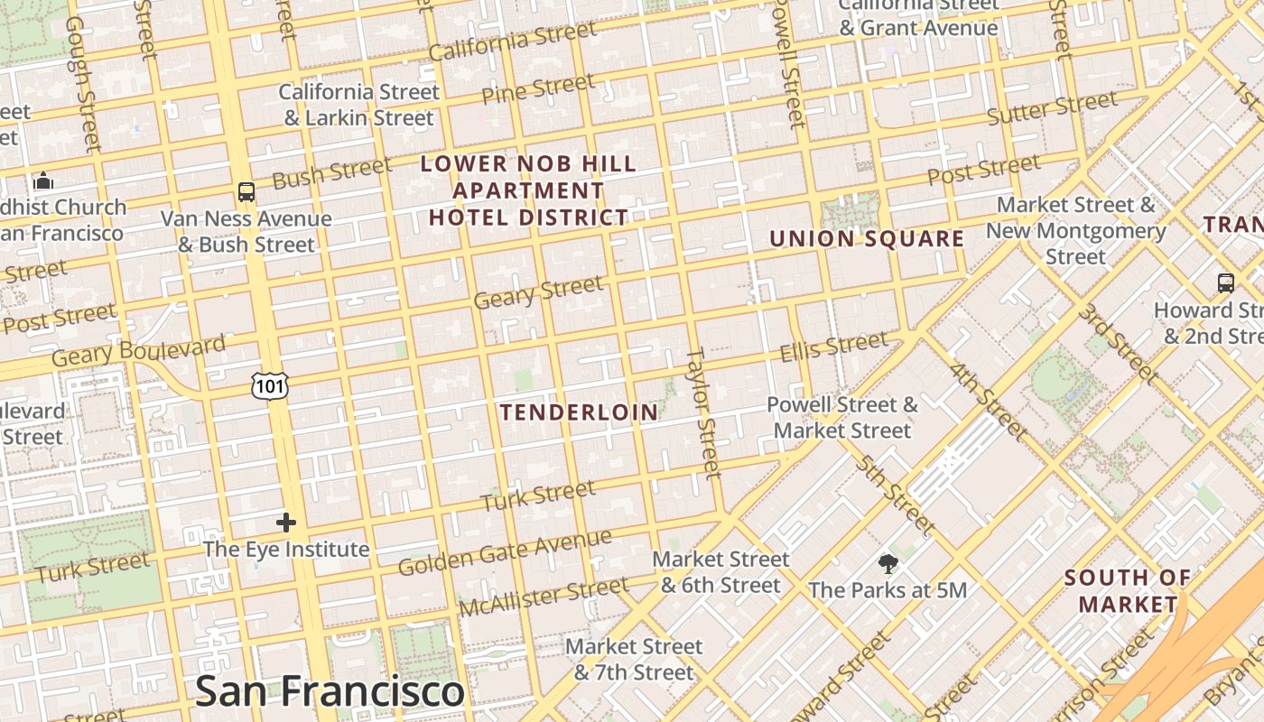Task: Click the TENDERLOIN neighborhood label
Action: pos(579,412)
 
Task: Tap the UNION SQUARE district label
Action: pos(867,239)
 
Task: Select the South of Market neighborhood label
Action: pos(1128,591)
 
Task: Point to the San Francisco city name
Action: pos(330,691)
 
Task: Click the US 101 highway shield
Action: pos(271,385)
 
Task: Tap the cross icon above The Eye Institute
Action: pos(286,523)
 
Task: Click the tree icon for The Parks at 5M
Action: pos(888,565)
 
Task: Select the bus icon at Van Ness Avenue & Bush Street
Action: pos(246,191)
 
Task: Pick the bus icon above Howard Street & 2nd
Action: pos(1225,282)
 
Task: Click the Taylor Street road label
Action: pos(703,412)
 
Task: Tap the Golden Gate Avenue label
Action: pos(505,552)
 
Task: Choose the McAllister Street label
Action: pos(543,597)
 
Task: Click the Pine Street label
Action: pos(538,89)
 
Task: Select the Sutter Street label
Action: pos(1052,109)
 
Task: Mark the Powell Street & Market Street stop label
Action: pos(842,417)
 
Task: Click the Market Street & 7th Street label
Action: pos(634,660)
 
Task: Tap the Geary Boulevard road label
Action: pos(138,351)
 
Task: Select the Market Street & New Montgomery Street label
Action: pos(1075,231)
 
